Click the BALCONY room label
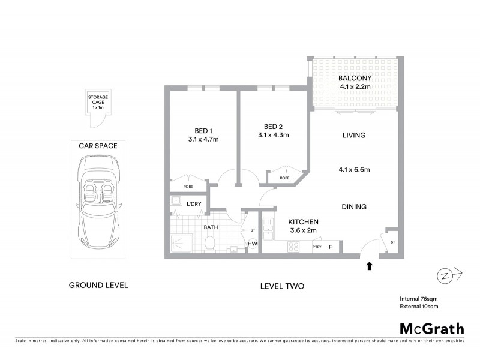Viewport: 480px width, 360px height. pos(355,78)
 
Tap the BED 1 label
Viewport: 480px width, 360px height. pos(203,131)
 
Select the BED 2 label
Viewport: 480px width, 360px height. pos(273,127)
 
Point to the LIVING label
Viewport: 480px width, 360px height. pos(354,136)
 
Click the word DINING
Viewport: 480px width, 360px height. pos(354,207)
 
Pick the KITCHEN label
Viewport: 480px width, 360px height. pos(303,221)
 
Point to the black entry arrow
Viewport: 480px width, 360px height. pos(370,264)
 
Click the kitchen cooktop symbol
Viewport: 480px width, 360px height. pos(295,246)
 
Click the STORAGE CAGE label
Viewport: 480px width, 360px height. pos(98,100)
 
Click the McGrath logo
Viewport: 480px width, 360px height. pos(431,328)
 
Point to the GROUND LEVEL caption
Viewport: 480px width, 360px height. pos(98,285)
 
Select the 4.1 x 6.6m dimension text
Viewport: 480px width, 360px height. pos(354,170)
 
